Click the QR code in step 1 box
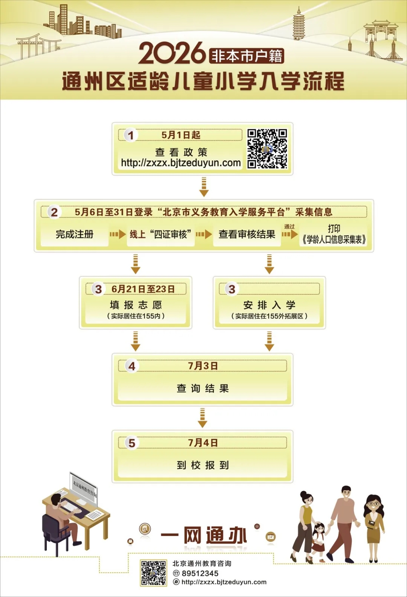[267, 149]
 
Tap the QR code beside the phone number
[153, 573]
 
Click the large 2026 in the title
[173, 53]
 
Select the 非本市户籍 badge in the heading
[246, 56]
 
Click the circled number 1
[131, 135]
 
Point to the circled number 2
[54, 212]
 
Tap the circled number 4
[132, 366]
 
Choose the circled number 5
[132, 443]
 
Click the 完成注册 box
[75, 235]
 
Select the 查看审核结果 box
[247, 235]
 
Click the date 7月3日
[203, 366]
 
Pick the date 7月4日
[203, 443]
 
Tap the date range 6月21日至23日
[143, 289]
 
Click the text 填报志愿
[136, 305]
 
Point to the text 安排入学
[269, 305]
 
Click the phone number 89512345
[200, 573]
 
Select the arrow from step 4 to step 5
[202, 417]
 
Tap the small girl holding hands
[319, 541]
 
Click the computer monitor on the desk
[84, 488]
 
